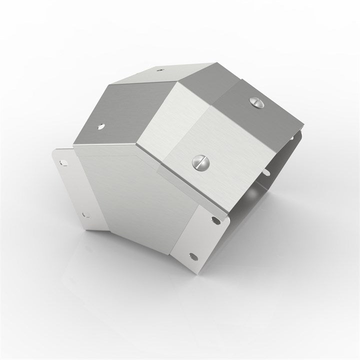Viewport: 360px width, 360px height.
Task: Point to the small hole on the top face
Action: click(159, 70)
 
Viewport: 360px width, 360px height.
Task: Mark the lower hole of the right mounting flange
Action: click(193, 255)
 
